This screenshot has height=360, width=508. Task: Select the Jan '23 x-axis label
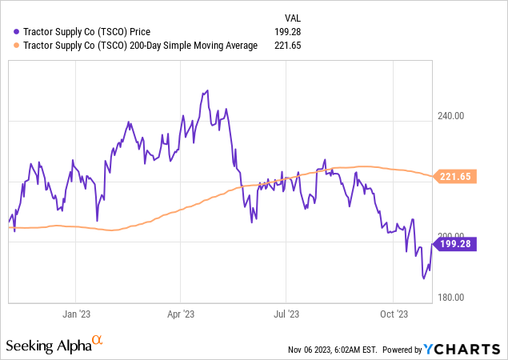pos(75,314)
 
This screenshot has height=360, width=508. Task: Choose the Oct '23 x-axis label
pos(394,314)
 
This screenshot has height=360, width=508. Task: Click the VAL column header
pos(293,18)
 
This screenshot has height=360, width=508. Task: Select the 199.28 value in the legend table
pos(286,31)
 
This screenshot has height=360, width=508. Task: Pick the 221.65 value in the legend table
pos(286,46)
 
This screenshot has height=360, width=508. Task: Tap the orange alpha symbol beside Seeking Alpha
pos(98,341)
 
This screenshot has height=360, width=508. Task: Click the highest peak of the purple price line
pos(208,90)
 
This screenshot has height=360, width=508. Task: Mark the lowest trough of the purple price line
pos(424,279)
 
